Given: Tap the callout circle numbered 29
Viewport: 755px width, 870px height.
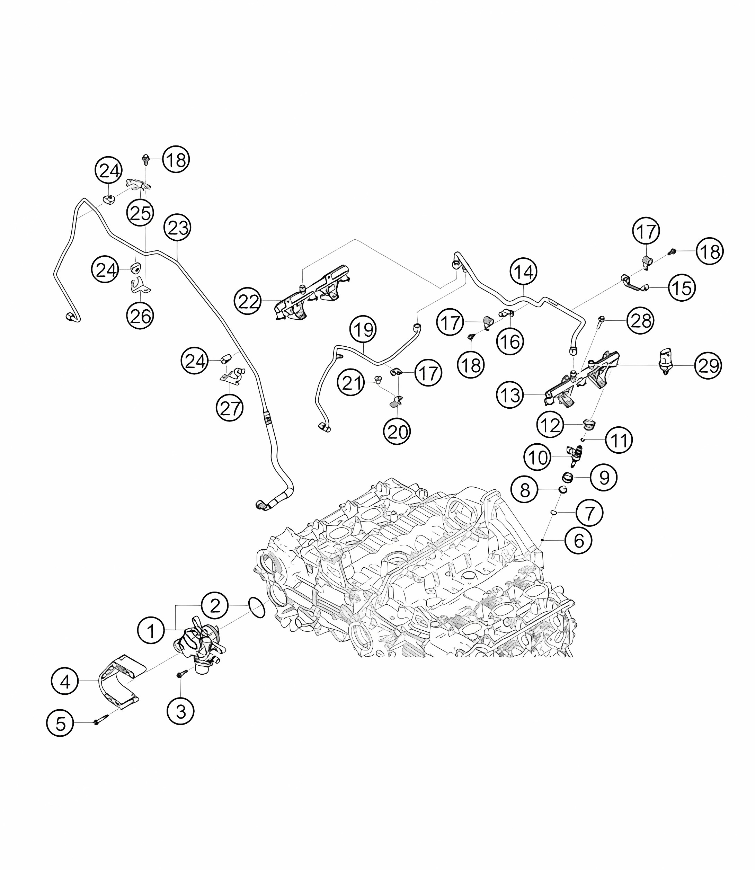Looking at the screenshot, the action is [708, 365].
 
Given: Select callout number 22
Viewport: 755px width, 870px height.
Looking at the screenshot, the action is [248, 302].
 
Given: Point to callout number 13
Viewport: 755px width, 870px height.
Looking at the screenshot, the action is [510, 395].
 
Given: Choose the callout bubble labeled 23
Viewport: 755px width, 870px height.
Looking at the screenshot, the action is [178, 228].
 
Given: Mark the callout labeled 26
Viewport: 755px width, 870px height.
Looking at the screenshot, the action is [140, 316].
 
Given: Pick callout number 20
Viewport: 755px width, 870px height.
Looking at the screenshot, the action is [397, 432].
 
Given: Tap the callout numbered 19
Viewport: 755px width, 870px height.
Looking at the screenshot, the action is [364, 329].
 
